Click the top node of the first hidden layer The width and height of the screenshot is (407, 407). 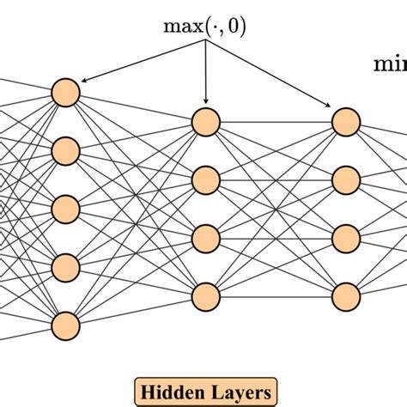(x=65, y=92)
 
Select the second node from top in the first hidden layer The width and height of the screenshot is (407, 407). (x=65, y=150)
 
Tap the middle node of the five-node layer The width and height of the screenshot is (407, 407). (x=65, y=209)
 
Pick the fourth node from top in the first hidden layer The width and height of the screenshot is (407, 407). (x=65, y=267)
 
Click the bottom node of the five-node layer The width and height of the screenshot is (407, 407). (x=65, y=325)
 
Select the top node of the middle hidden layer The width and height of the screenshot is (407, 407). (x=206, y=122)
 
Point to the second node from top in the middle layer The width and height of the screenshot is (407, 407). (x=206, y=180)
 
